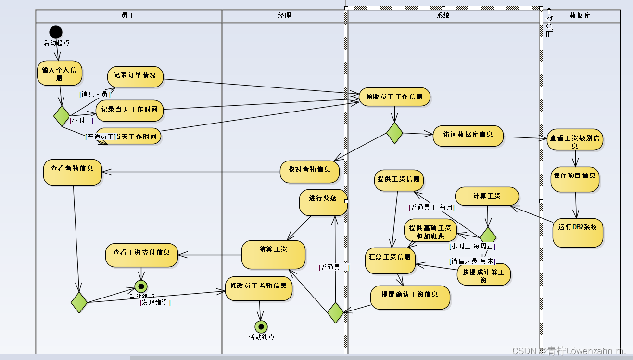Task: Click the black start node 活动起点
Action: tap(56, 32)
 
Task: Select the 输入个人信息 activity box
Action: tap(60, 73)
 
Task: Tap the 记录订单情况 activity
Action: tap(135, 76)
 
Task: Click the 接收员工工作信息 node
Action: tap(394, 97)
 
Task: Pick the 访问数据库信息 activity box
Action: tap(468, 136)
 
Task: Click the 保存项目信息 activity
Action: tap(575, 179)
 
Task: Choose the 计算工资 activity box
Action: tap(487, 196)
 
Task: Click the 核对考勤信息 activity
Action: tap(310, 171)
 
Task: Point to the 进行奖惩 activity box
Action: tap(323, 202)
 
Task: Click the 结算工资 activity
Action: tap(273, 254)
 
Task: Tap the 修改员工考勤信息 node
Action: tap(259, 288)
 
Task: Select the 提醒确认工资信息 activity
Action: tap(410, 297)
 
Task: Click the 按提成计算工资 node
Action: tap(483, 274)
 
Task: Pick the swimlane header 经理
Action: tap(284, 16)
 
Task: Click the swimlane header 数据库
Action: tap(580, 16)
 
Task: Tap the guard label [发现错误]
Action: tap(155, 303)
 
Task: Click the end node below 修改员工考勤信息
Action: tap(261, 327)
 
